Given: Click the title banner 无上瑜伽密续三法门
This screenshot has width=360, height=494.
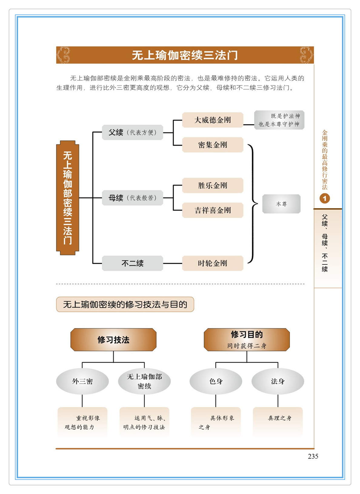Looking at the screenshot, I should (185, 55).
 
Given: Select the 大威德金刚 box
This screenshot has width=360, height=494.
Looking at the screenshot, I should (212, 120).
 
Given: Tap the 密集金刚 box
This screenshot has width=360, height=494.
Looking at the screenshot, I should (212, 145).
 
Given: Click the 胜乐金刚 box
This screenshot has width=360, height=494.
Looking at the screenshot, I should (212, 185).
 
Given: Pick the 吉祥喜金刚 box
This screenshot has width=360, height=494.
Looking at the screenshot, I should (212, 210).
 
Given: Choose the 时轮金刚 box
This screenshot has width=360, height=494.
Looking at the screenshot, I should (212, 263).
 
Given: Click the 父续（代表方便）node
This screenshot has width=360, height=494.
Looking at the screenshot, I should (132, 133).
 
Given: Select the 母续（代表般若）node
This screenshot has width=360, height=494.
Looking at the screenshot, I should (132, 198).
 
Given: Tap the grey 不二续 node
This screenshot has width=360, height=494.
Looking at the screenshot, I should (132, 263).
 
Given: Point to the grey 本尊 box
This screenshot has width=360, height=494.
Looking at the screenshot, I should (281, 204).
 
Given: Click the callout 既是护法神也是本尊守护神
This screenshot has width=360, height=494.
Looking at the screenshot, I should (279, 120).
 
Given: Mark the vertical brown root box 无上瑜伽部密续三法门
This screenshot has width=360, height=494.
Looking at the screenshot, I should (68, 198).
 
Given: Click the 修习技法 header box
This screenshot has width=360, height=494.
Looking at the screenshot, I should (113, 340).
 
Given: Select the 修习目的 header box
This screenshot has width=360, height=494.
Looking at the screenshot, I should (247, 340).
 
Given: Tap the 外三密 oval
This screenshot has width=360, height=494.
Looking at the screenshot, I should (82, 381).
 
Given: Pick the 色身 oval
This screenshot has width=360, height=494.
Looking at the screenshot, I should (216, 381).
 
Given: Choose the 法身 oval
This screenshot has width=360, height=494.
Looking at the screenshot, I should (278, 381).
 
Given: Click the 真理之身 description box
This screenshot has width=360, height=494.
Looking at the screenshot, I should (278, 422).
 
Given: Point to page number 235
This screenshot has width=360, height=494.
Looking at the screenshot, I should (313, 456).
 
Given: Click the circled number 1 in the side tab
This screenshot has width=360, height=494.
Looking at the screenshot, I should (325, 199).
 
